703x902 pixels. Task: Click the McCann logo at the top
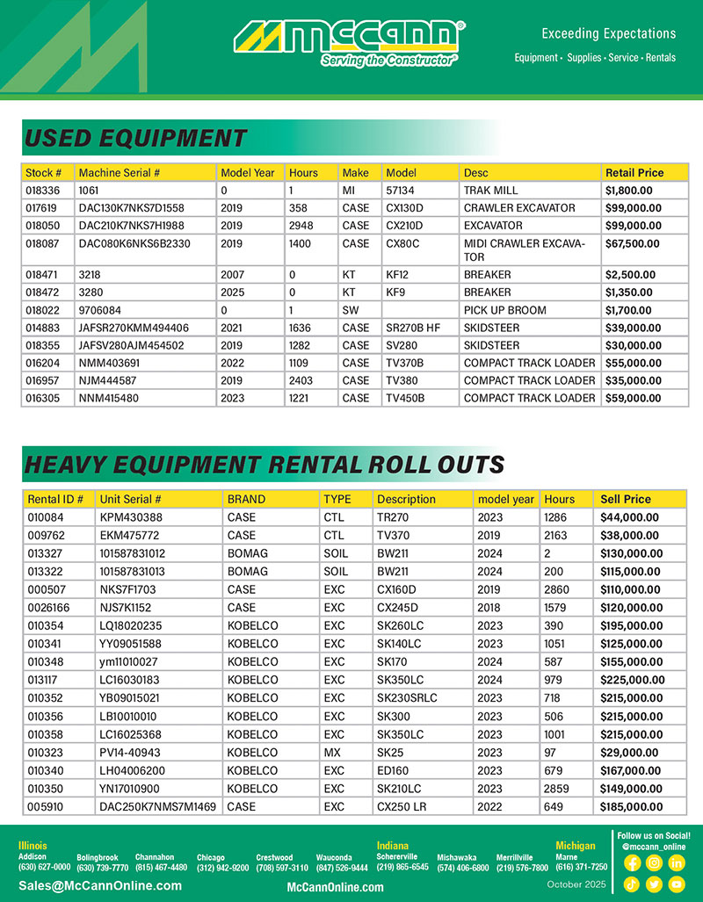350,41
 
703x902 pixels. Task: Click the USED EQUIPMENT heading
135,139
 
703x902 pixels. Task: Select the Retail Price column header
634,172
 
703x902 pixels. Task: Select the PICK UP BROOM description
504,310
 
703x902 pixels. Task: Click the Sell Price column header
626,499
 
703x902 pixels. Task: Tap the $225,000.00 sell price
632,679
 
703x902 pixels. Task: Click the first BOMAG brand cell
246,553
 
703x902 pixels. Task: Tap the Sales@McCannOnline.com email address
100,885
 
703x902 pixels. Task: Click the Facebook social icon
631,863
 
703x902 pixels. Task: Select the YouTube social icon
676,884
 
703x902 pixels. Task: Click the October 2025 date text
576,884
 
